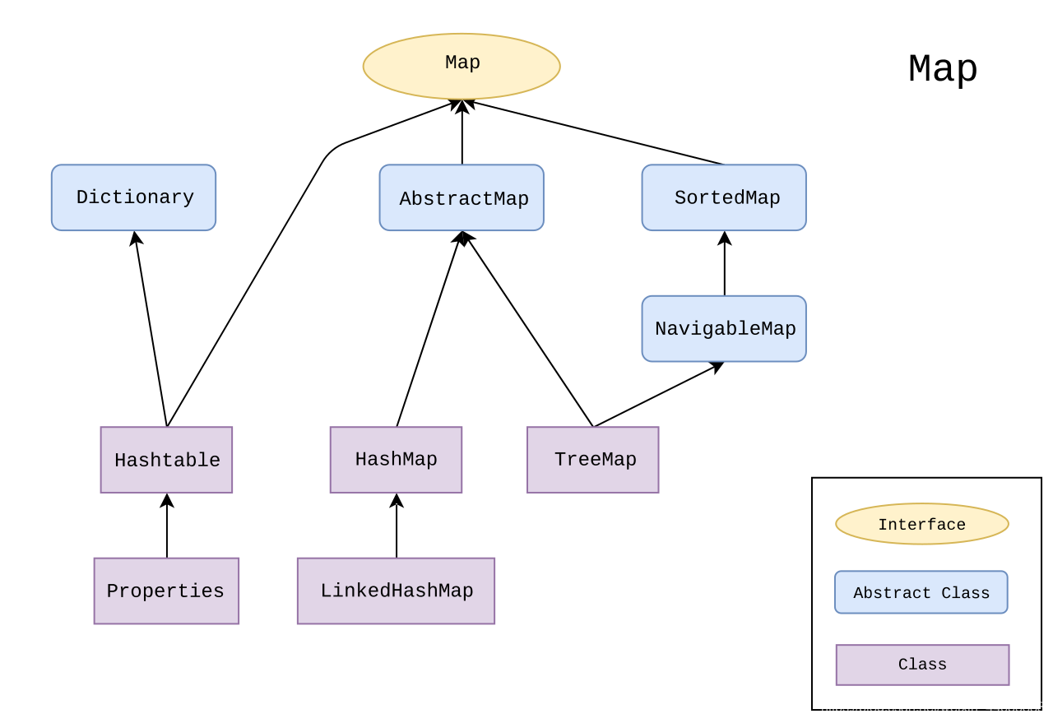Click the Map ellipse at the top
[x=461, y=66]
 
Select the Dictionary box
[x=133, y=197]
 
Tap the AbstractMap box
[x=462, y=197]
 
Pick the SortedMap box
[x=724, y=197]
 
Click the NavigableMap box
[x=724, y=328]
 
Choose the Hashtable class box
[x=166, y=460]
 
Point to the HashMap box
[x=396, y=460]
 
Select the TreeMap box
[x=593, y=460]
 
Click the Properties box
[x=166, y=591]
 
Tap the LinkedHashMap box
[x=396, y=591]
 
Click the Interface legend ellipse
[x=921, y=524]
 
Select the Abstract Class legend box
[x=921, y=592]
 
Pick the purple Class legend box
[x=922, y=665]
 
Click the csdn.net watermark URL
[x=932, y=707]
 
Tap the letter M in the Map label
[x=451, y=63]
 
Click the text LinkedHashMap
[x=397, y=591]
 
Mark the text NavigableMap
[x=725, y=329]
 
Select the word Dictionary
[x=135, y=197]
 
